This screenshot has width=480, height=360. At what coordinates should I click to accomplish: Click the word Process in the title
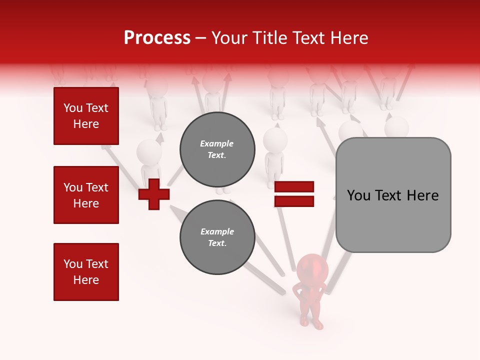[x=157, y=38]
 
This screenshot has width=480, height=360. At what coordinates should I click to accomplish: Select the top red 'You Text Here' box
[x=86, y=116]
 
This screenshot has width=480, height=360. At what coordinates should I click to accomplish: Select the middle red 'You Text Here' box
[x=86, y=195]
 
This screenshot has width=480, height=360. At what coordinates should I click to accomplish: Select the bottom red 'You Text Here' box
[x=86, y=272]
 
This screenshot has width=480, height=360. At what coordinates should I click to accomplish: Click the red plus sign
[x=154, y=193]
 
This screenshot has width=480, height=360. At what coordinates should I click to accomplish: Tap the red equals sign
[x=294, y=194]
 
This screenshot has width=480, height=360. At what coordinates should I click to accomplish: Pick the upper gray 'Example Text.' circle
[x=217, y=149]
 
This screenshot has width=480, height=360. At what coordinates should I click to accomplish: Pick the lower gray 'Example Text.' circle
[x=217, y=237]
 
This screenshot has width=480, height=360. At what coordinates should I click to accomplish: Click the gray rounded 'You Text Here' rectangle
[x=393, y=195]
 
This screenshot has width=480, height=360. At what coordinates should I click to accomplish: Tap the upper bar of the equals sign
[x=294, y=187]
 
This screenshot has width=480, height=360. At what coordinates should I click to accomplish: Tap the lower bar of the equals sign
[x=294, y=201]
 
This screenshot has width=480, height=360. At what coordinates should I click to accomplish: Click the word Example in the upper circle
[x=217, y=143]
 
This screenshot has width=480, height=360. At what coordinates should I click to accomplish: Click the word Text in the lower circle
[x=216, y=243]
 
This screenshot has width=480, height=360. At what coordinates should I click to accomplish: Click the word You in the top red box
[x=72, y=108]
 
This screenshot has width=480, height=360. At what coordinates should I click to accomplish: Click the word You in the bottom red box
[x=72, y=264]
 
